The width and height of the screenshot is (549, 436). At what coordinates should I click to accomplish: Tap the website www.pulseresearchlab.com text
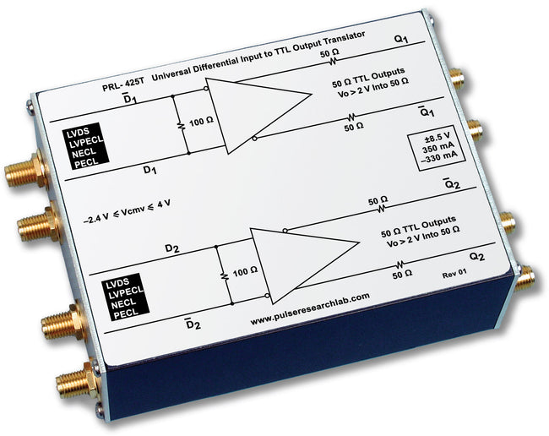click(310, 297)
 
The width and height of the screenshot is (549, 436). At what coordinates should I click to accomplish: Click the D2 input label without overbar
click(171, 248)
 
